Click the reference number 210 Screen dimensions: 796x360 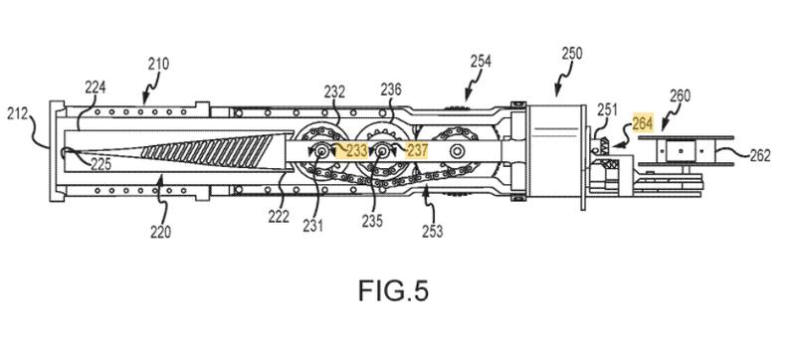(x=158, y=65)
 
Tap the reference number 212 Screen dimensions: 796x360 (x=17, y=113)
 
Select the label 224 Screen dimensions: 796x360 (x=95, y=88)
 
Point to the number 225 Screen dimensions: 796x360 (x=101, y=164)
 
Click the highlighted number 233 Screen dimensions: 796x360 (x=357, y=150)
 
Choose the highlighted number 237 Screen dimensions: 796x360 (x=417, y=150)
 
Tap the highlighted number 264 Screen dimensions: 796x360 (x=643, y=123)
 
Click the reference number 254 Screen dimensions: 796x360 (x=481, y=62)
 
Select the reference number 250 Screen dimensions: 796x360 (x=572, y=54)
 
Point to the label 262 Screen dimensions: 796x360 (x=760, y=156)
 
